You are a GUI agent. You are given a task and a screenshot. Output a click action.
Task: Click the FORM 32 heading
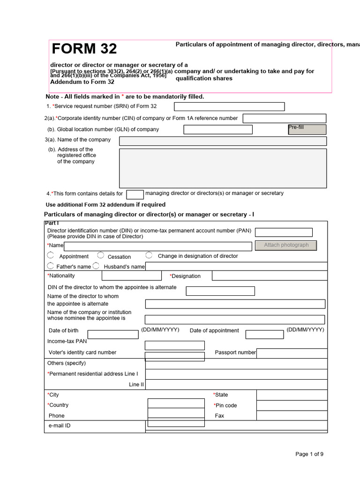click(84, 49)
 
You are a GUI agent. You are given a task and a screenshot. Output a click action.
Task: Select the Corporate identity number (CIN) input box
click(284, 119)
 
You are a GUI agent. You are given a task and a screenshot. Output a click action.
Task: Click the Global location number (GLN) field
click(218, 130)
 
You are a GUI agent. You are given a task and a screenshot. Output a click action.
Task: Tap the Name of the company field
click(223, 141)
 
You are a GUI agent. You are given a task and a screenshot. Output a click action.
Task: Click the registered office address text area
click(223, 168)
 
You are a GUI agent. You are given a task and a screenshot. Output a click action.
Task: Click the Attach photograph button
click(286, 245)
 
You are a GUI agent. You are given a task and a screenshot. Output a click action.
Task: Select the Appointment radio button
click(50, 255)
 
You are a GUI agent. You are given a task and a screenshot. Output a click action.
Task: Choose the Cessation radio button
click(101, 255)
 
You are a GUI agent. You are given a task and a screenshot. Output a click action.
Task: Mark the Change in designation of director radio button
click(149, 255)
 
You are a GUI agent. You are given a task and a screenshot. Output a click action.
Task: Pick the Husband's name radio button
click(96, 266)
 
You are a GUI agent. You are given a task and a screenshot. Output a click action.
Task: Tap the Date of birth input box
click(113, 335)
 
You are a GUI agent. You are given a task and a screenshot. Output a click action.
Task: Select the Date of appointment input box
click(264, 335)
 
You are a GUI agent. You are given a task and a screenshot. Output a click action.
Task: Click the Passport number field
click(292, 353)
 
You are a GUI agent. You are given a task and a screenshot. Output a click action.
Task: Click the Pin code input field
click(292, 405)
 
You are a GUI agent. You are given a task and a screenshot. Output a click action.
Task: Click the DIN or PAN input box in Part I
click(284, 232)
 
